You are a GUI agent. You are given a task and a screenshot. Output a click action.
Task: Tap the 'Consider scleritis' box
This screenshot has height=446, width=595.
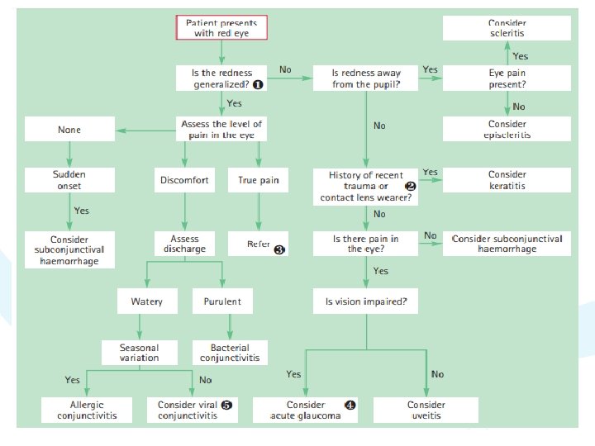(507, 27)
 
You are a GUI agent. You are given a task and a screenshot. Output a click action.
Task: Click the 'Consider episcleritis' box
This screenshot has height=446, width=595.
(507, 129)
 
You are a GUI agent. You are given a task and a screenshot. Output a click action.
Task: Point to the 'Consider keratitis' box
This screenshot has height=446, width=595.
(507, 180)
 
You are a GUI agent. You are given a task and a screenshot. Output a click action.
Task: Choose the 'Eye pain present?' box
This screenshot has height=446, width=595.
(507, 78)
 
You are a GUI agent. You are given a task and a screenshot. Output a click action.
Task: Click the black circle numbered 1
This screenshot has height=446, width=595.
(258, 84)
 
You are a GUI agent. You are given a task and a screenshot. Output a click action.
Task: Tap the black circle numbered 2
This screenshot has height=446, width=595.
(411, 187)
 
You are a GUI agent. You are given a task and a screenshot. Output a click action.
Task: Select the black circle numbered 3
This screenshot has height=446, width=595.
(279, 249)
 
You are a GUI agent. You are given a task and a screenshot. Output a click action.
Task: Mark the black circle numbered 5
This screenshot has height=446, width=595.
(227, 405)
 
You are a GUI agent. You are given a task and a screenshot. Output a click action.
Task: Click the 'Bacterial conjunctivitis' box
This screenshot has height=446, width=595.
(230, 353)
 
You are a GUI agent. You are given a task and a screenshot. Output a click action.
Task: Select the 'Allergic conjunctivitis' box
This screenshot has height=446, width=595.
(87, 410)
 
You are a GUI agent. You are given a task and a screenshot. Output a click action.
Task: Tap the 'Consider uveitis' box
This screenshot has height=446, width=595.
(426, 410)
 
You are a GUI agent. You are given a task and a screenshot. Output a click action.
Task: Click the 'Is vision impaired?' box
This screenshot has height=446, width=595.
(365, 301)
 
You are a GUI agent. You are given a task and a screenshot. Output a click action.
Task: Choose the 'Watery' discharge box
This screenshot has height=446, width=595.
(146, 301)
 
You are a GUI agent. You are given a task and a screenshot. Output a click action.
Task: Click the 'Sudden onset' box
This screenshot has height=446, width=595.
(69, 180)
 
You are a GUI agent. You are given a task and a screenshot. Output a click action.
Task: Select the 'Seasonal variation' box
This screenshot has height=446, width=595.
(139, 353)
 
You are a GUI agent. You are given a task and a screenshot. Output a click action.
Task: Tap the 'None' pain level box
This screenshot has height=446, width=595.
(69, 130)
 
